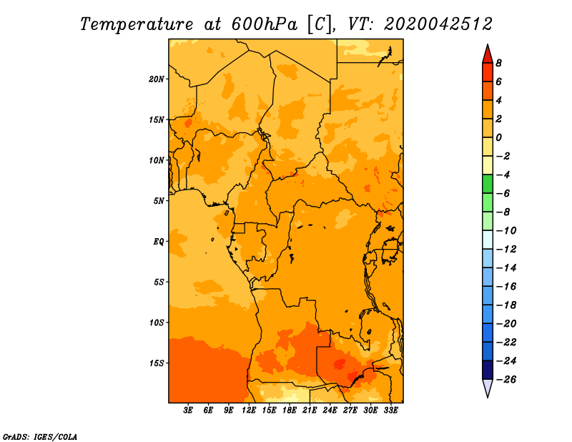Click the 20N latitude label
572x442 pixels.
(x=157, y=79)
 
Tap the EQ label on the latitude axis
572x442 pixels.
(x=159, y=242)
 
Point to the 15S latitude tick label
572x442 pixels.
(x=157, y=363)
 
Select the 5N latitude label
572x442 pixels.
(x=159, y=201)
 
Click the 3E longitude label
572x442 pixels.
(x=188, y=411)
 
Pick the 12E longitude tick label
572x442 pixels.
(x=249, y=411)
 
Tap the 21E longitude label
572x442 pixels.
(x=310, y=411)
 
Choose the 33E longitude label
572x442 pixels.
(x=390, y=411)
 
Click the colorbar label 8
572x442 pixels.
(x=498, y=63)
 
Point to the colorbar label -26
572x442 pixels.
(x=506, y=380)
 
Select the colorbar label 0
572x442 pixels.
(x=498, y=137)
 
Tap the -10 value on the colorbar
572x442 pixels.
(x=506, y=231)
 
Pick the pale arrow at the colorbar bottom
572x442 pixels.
(x=488, y=388)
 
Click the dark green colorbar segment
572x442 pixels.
(x=488, y=184)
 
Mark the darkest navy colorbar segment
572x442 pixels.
(x=488, y=370)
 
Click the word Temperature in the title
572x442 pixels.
(x=137, y=24)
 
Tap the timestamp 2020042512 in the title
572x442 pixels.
(x=438, y=24)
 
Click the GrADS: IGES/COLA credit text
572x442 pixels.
(x=40, y=437)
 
